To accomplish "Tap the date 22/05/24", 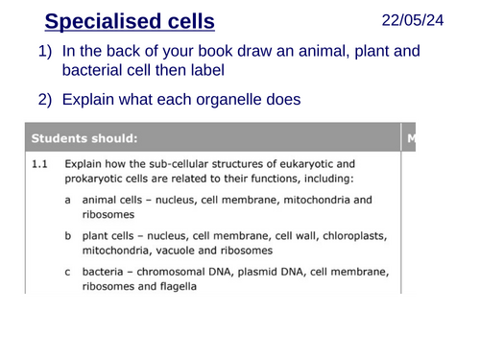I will pyautogui.click(x=413, y=19).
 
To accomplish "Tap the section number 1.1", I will pyautogui.click(x=39, y=164).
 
